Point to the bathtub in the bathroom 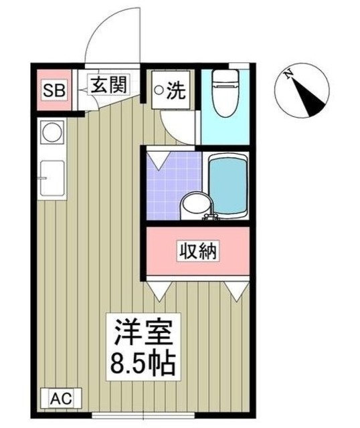[228, 187]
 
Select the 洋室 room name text [145, 332]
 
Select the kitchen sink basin [52, 179]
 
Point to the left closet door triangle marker [159, 289]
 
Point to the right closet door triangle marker [236, 289]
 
